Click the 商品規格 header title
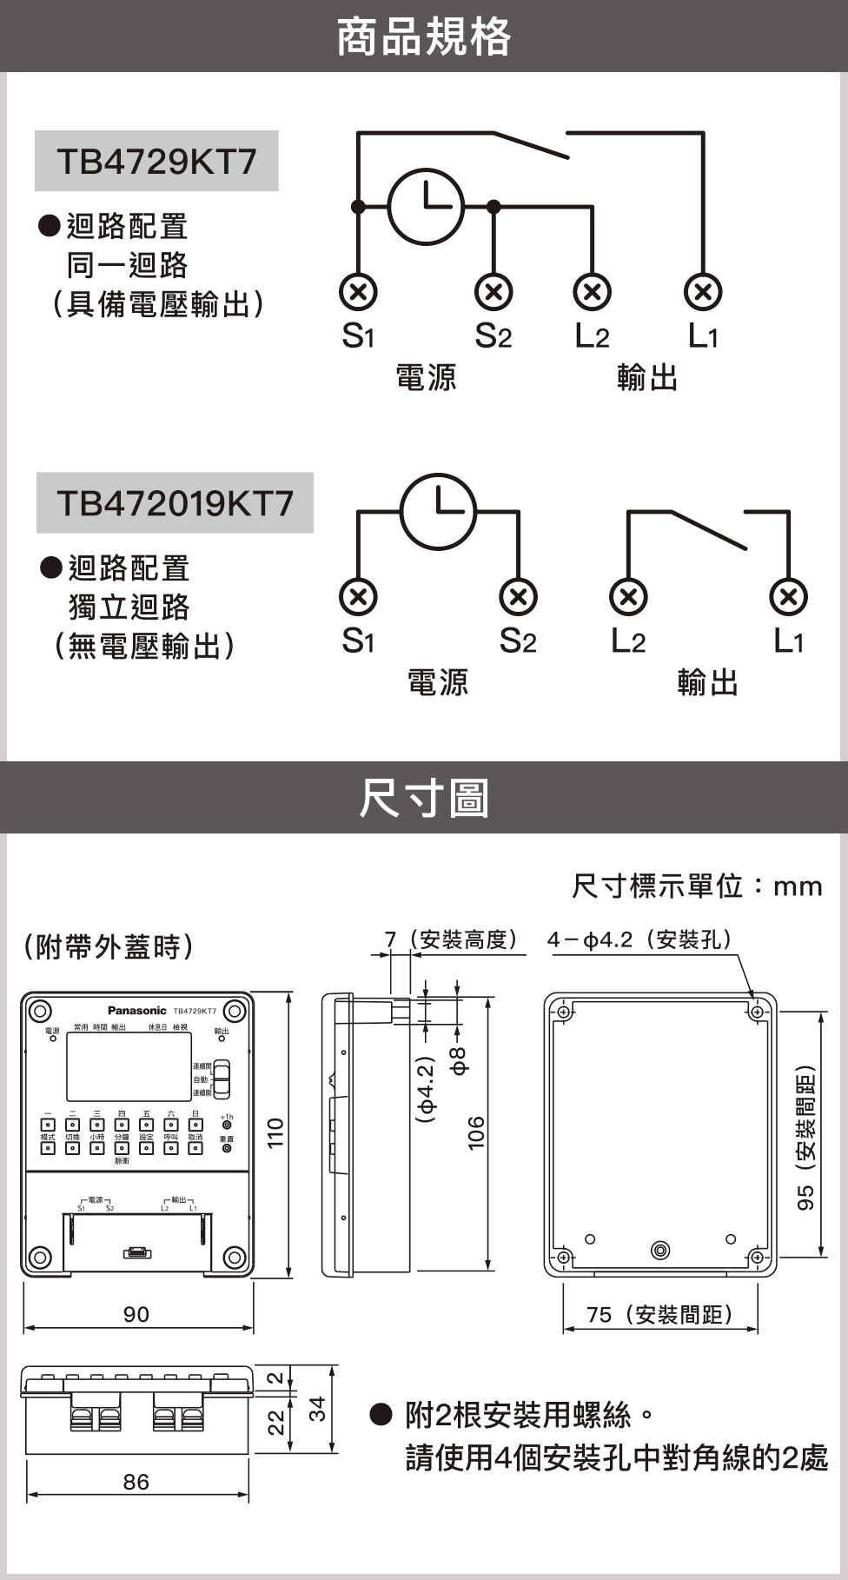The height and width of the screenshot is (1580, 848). [424, 37]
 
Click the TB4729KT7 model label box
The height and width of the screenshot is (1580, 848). [156, 161]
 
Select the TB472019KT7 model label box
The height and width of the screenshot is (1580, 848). [175, 502]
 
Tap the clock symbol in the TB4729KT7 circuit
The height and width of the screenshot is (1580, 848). [426, 206]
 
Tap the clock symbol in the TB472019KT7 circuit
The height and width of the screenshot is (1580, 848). [438, 511]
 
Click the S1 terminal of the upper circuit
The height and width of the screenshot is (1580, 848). [358, 292]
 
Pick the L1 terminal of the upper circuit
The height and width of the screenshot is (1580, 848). [703, 292]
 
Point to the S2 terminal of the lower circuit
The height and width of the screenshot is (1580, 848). [518, 597]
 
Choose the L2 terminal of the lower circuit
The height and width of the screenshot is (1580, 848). [628, 597]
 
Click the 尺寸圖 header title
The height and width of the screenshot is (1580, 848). [424, 798]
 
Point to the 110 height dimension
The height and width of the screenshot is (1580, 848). [275, 1133]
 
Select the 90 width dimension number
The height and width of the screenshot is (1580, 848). [136, 1314]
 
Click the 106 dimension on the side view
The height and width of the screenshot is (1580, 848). [476, 1133]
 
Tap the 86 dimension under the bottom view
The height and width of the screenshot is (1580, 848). [136, 1482]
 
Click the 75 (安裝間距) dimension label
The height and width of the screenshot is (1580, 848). [660, 1314]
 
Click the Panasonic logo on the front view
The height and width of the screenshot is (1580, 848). [136, 1010]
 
